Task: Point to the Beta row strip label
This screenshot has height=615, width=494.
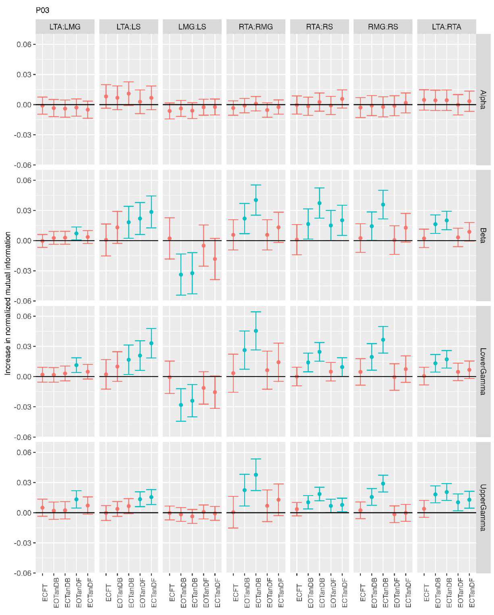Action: [x=483, y=235]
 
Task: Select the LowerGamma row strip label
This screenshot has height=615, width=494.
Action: [x=483, y=371]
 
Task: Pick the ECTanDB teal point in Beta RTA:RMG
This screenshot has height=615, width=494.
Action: [x=256, y=200]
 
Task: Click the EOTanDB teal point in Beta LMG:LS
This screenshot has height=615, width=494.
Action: [x=181, y=274]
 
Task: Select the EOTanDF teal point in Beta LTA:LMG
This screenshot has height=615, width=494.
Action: [x=76, y=233]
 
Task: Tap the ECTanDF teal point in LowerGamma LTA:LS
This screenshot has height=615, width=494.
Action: [x=151, y=343]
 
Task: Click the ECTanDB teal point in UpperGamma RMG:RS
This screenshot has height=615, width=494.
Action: [x=383, y=484]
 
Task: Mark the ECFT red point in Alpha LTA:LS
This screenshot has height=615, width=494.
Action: [x=106, y=96]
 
